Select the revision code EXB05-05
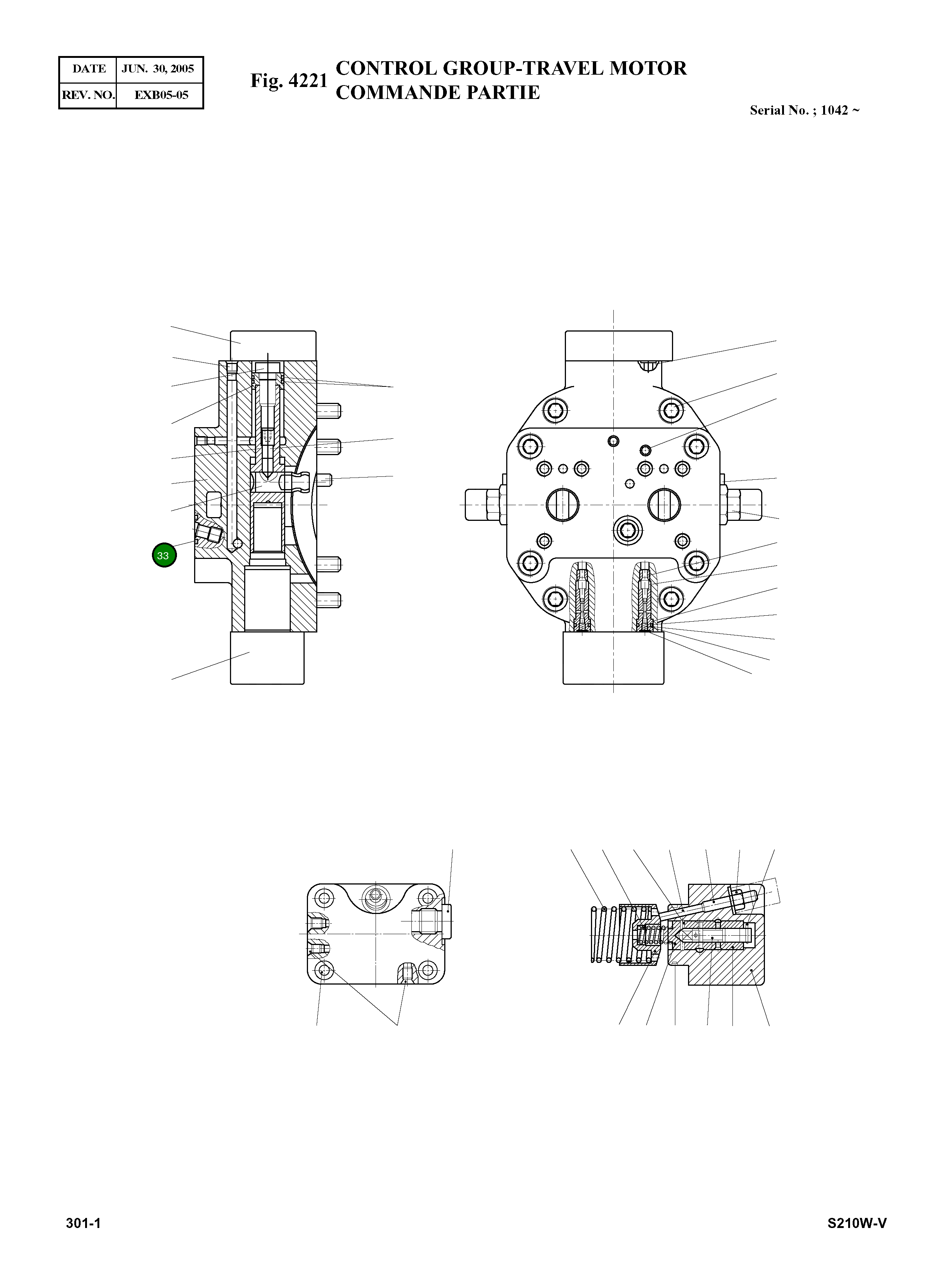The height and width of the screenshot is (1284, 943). click(x=161, y=95)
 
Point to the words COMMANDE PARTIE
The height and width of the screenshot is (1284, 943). click(x=437, y=93)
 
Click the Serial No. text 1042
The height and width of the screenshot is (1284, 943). click(x=834, y=111)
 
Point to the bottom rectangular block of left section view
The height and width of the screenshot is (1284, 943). click(x=267, y=657)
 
